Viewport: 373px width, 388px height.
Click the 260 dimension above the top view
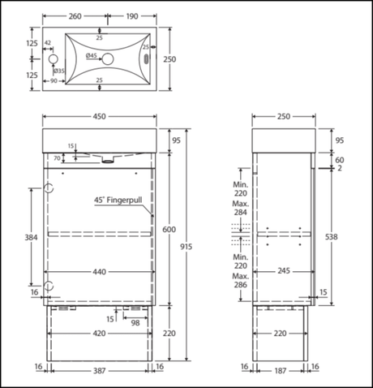pos(75,16)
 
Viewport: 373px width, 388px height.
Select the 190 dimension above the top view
pos(132,16)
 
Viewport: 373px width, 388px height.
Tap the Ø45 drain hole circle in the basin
pos(108,59)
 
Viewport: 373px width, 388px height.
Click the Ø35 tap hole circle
pos(54,59)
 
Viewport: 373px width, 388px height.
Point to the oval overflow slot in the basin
pos(146,58)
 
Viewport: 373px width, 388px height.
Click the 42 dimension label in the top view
pos(48,42)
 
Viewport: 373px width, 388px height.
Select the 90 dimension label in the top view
pos(54,80)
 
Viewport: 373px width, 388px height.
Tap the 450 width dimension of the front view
pos(100,116)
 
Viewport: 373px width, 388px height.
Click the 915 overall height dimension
pos(186,247)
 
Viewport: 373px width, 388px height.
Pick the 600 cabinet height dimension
pos(169,230)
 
